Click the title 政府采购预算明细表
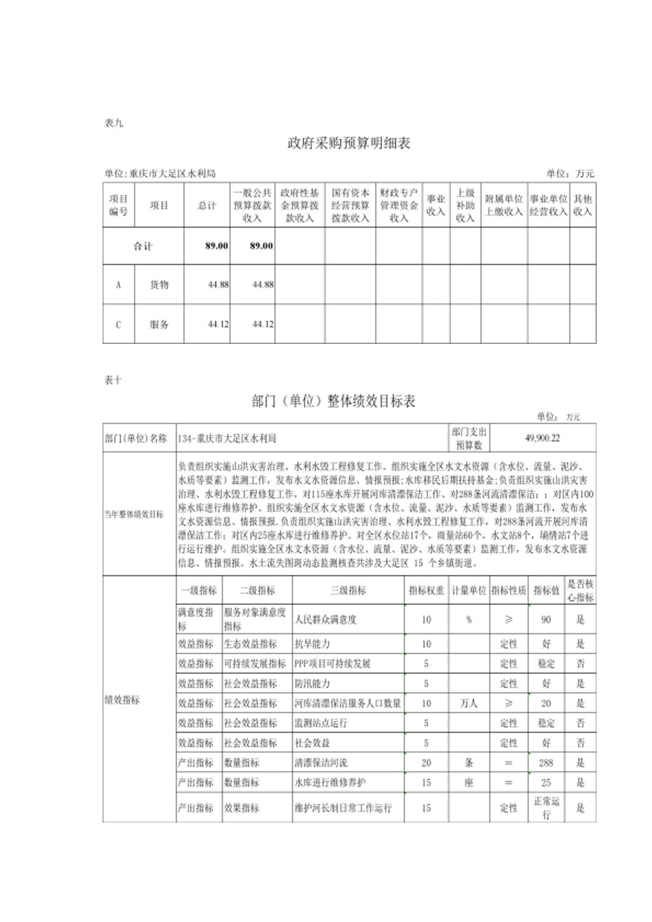pyautogui.click(x=348, y=143)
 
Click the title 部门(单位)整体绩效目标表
pyautogui.click(x=333, y=401)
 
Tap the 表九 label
pyautogui.click(x=114, y=123)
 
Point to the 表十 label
pyautogui.click(x=114, y=380)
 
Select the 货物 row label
pyautogui.click(x=159, y=284)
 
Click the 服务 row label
pyautogui.click(x=159, y=325)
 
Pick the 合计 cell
pyautogui.click(x=143, y=246)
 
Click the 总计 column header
pyautogui.click(x=206, y=206)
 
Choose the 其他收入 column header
pyautogui.click(x=582, y=206)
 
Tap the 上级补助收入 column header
pyautogui.click(x=465, y=206)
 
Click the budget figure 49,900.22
pyautogui.click(x=542, y=438)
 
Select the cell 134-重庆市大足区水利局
pyautogui.click(x=227, y=438)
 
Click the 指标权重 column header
pyautogui.click(x=426, y=590)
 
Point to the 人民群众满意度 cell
pyautogui.click(x=326, y=619)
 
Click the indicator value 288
pyautogui.click(x=546, y=762)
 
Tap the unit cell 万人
pyautogui.click(x=469, y=703)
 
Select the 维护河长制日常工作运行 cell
pyautogui.click(x=343, y=808)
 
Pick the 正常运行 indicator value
pyautogui.click(x=546, y=808)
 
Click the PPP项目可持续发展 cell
pyautogui.click(x=332, y=664)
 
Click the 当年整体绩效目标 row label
pyautogui.click(x=134, y=514)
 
